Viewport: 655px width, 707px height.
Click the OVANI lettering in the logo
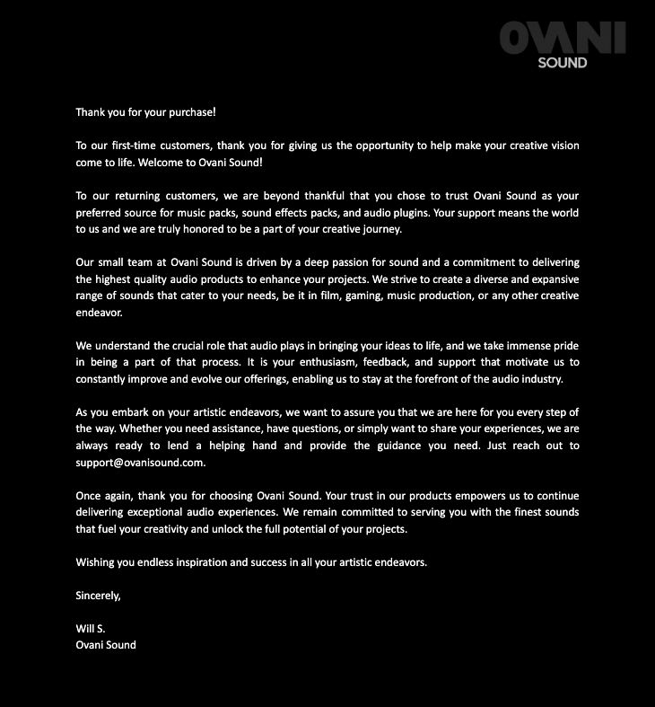[562, 39]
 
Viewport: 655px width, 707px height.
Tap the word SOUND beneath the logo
[563, 63]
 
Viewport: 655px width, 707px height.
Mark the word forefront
[446, 379]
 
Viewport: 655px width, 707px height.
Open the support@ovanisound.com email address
[141, 463]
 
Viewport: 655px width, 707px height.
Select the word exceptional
[169, 512]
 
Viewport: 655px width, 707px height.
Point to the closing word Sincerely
[98, 596]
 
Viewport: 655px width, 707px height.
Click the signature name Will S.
[91, 629]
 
